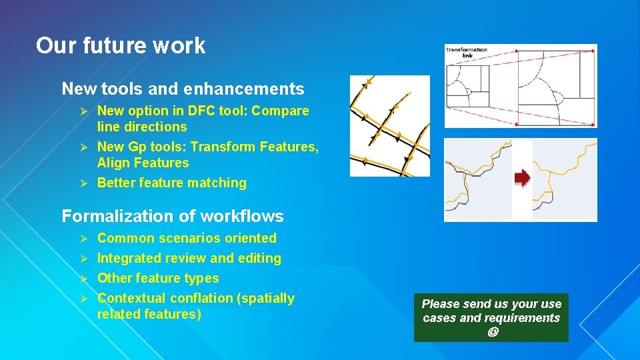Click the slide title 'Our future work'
click(121, 46)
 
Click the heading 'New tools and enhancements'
click(183, 89)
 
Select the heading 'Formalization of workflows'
click(172, 216)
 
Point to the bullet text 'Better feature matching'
click(171, 183)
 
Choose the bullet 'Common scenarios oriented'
click(187, 238)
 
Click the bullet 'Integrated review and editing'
click(189, 258)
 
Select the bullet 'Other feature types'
click(158, 278)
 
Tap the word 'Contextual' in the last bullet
click(131, 298)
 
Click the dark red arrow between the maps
click(522, 177)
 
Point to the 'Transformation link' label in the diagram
click(467, 52)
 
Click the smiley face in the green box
click(492, 331)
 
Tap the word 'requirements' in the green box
click(527, 318)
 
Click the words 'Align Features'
click(143, 163)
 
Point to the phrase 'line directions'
click(142, 127)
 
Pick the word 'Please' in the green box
click(439, 304)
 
